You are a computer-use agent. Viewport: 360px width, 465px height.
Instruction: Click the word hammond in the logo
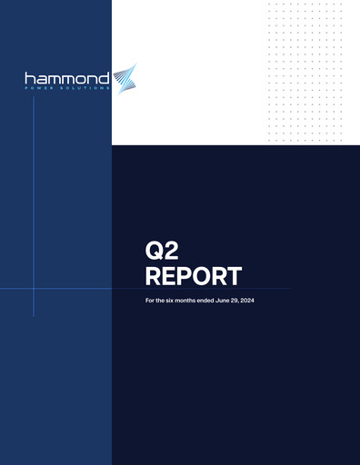pos(66,78)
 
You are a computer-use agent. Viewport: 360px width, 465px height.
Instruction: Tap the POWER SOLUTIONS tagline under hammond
pos(68,89)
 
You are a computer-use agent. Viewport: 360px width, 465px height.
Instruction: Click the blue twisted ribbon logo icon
pos(124,78)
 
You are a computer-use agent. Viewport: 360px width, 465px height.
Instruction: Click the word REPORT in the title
pos(195,275)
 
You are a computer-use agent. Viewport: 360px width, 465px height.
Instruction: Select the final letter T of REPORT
pos(235,275)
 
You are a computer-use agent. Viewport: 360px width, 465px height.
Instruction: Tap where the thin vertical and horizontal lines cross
pos(34,289)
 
